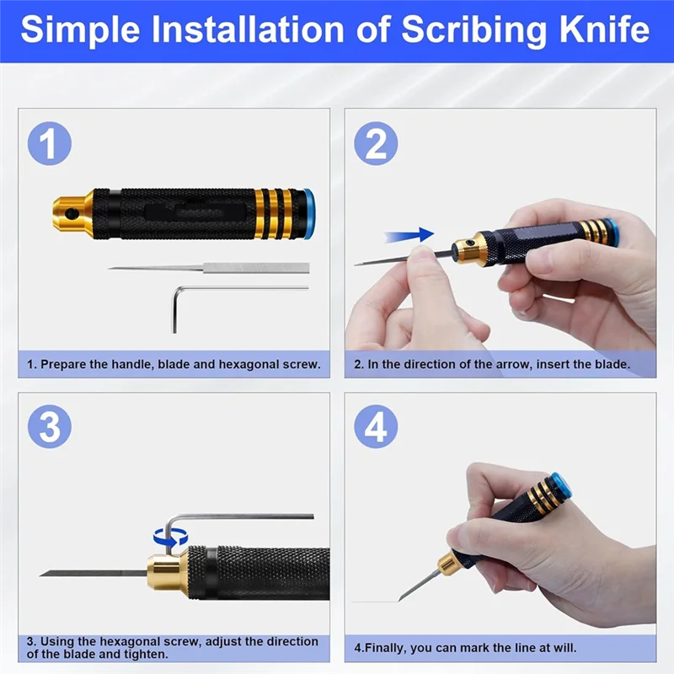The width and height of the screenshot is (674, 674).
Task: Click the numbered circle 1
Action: (x=50, y=143)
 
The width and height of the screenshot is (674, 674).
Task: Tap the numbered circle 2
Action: (x=376, y=143)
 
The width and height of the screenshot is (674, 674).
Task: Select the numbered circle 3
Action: (x=50, y=426)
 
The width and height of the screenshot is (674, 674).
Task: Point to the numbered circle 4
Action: (x=376, y=426)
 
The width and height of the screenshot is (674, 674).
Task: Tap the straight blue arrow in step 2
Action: (x=409, y=235)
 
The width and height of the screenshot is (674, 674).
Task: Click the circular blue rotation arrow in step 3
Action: (x=171, y=538)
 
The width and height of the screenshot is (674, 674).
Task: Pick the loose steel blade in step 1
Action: (x=209, y=268)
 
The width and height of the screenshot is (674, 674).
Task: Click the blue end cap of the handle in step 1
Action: (x=308, y=214)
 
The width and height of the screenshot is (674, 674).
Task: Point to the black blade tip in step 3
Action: (x=40, y=575)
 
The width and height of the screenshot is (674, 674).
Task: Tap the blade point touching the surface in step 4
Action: (x=399, y=600)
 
